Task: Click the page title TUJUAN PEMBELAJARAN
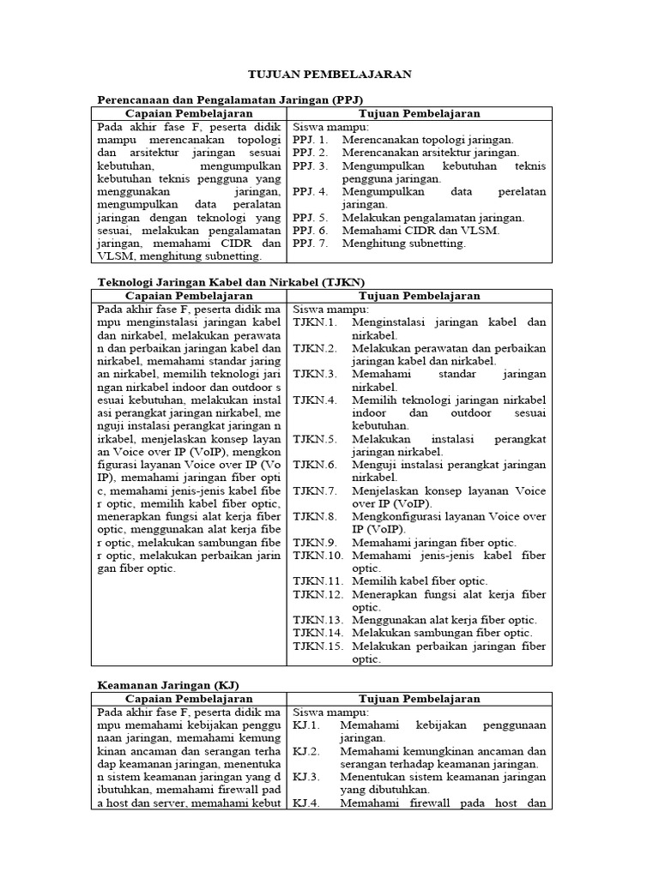(x=329, y=75)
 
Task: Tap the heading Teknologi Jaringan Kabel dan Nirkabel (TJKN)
(x=231, y=281)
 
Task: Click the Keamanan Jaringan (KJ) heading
(x=168, y=685)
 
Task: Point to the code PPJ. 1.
(x=311, y=139)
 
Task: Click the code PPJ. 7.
(x=311, y=244)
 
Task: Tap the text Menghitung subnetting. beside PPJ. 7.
(x=403, y=244)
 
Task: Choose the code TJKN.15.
(x=318, y=645)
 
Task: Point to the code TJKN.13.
(x=318, y=619)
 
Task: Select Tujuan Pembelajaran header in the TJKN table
(x=419, y=295)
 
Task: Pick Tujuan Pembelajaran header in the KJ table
(x=419, y=699)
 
